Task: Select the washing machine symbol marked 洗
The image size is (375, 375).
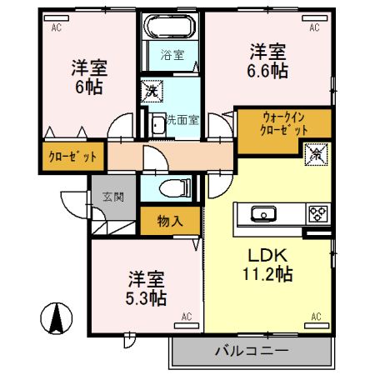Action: point(152,88)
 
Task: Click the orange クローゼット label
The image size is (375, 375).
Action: point(72,156)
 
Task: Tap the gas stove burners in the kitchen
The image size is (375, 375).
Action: point(317,213)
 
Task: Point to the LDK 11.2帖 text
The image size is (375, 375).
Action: point(267,263)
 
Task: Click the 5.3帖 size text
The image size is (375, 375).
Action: point(147,297)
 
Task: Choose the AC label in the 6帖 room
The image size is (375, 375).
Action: point(57,27)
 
